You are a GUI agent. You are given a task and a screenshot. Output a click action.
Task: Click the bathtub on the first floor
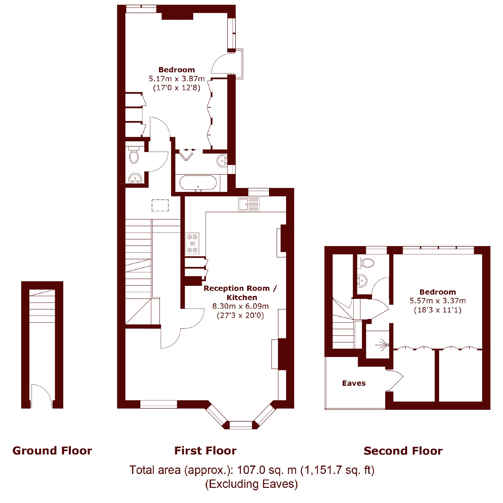[198, 183]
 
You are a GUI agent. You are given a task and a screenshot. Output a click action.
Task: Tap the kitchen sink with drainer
[249, 204]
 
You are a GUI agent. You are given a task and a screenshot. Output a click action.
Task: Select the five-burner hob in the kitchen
[193, 243]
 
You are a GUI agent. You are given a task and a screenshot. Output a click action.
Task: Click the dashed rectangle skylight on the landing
[160, 205]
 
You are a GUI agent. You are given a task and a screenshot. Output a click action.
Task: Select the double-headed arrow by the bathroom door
[190, 150]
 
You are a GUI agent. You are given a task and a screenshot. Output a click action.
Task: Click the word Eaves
[354, 383]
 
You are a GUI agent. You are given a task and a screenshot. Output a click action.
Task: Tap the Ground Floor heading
[52, 451]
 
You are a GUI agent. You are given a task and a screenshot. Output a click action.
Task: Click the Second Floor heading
[403, 451]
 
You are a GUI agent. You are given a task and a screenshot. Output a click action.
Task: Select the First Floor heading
[205, 451]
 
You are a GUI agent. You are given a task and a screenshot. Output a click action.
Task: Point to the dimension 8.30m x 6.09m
[240, 306]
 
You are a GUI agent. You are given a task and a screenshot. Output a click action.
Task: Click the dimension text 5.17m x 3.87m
[177, 79]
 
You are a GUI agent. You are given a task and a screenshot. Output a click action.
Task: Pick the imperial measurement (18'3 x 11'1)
[438, 310]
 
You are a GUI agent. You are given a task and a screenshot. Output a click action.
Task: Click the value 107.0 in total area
[251, 470]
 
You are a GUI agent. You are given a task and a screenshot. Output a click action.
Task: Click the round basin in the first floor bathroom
[222, 161]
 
